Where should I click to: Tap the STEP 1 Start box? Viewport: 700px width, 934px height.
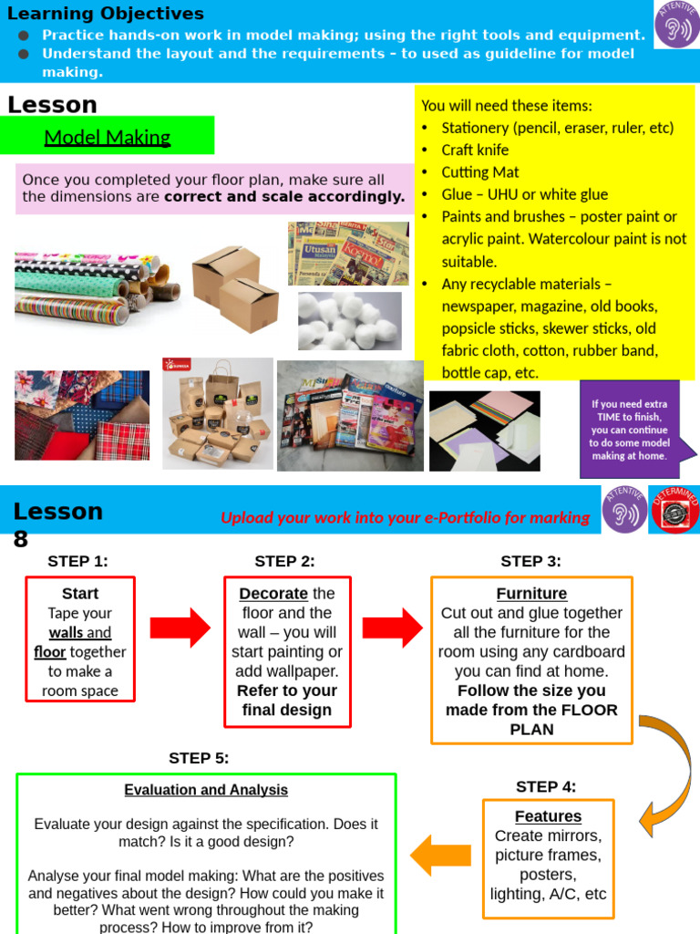(80, 639)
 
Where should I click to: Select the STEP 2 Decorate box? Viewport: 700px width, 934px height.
(286, 651)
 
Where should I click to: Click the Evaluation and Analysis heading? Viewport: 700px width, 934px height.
(206, 790)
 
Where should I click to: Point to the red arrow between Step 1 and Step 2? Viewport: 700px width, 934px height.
(180, 628)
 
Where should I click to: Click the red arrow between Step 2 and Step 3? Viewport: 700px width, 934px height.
(392, 628)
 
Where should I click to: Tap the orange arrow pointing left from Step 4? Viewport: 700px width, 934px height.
(440, 855)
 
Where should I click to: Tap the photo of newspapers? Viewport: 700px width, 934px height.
(348, 253)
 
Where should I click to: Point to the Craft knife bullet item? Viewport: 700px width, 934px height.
(475, 150)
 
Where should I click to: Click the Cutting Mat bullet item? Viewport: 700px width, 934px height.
(479, 172)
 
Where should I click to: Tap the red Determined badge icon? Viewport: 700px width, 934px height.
(674, 509)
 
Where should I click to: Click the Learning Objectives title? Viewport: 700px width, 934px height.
(106, 14)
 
